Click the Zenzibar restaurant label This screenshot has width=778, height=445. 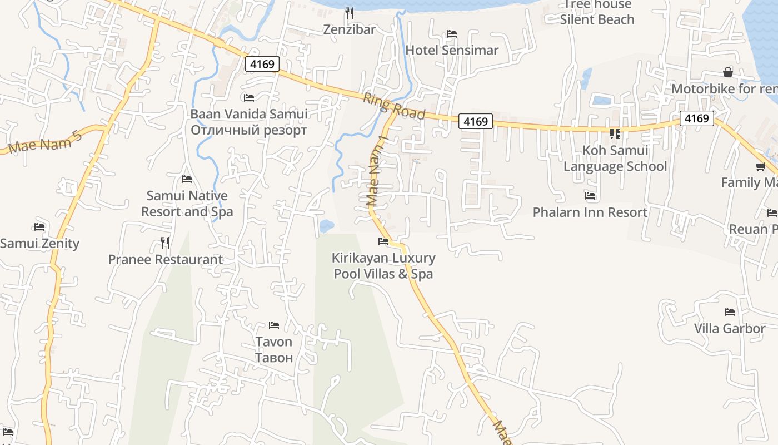pos(350,29)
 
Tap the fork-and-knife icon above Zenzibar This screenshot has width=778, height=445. pos(350,13)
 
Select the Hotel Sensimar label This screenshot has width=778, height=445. pos(452,50)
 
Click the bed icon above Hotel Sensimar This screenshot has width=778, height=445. pos(452,34)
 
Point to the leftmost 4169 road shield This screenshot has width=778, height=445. pos(262,64)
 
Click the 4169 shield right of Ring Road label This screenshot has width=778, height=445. pos(476,121)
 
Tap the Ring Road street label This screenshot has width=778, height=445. pos(394,106)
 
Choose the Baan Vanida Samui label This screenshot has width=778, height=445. pos(249,115)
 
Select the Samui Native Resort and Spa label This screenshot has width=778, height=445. pos(187,204)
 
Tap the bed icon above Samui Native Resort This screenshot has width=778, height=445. pos(187,179)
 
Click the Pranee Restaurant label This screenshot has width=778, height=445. pos(165,260)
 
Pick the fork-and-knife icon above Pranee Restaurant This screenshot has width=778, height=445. pos(165,243)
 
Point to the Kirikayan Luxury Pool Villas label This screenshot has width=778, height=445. pos(383,266)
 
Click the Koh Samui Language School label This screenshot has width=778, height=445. pos(615,159)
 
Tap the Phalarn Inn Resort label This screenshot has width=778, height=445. pos(590,212)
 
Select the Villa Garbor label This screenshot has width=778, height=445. pos(730,329)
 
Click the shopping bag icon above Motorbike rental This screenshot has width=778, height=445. pos(728,72)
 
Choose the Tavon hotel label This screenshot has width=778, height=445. pos(273,342)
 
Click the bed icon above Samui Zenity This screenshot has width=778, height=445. pos(39,227)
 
